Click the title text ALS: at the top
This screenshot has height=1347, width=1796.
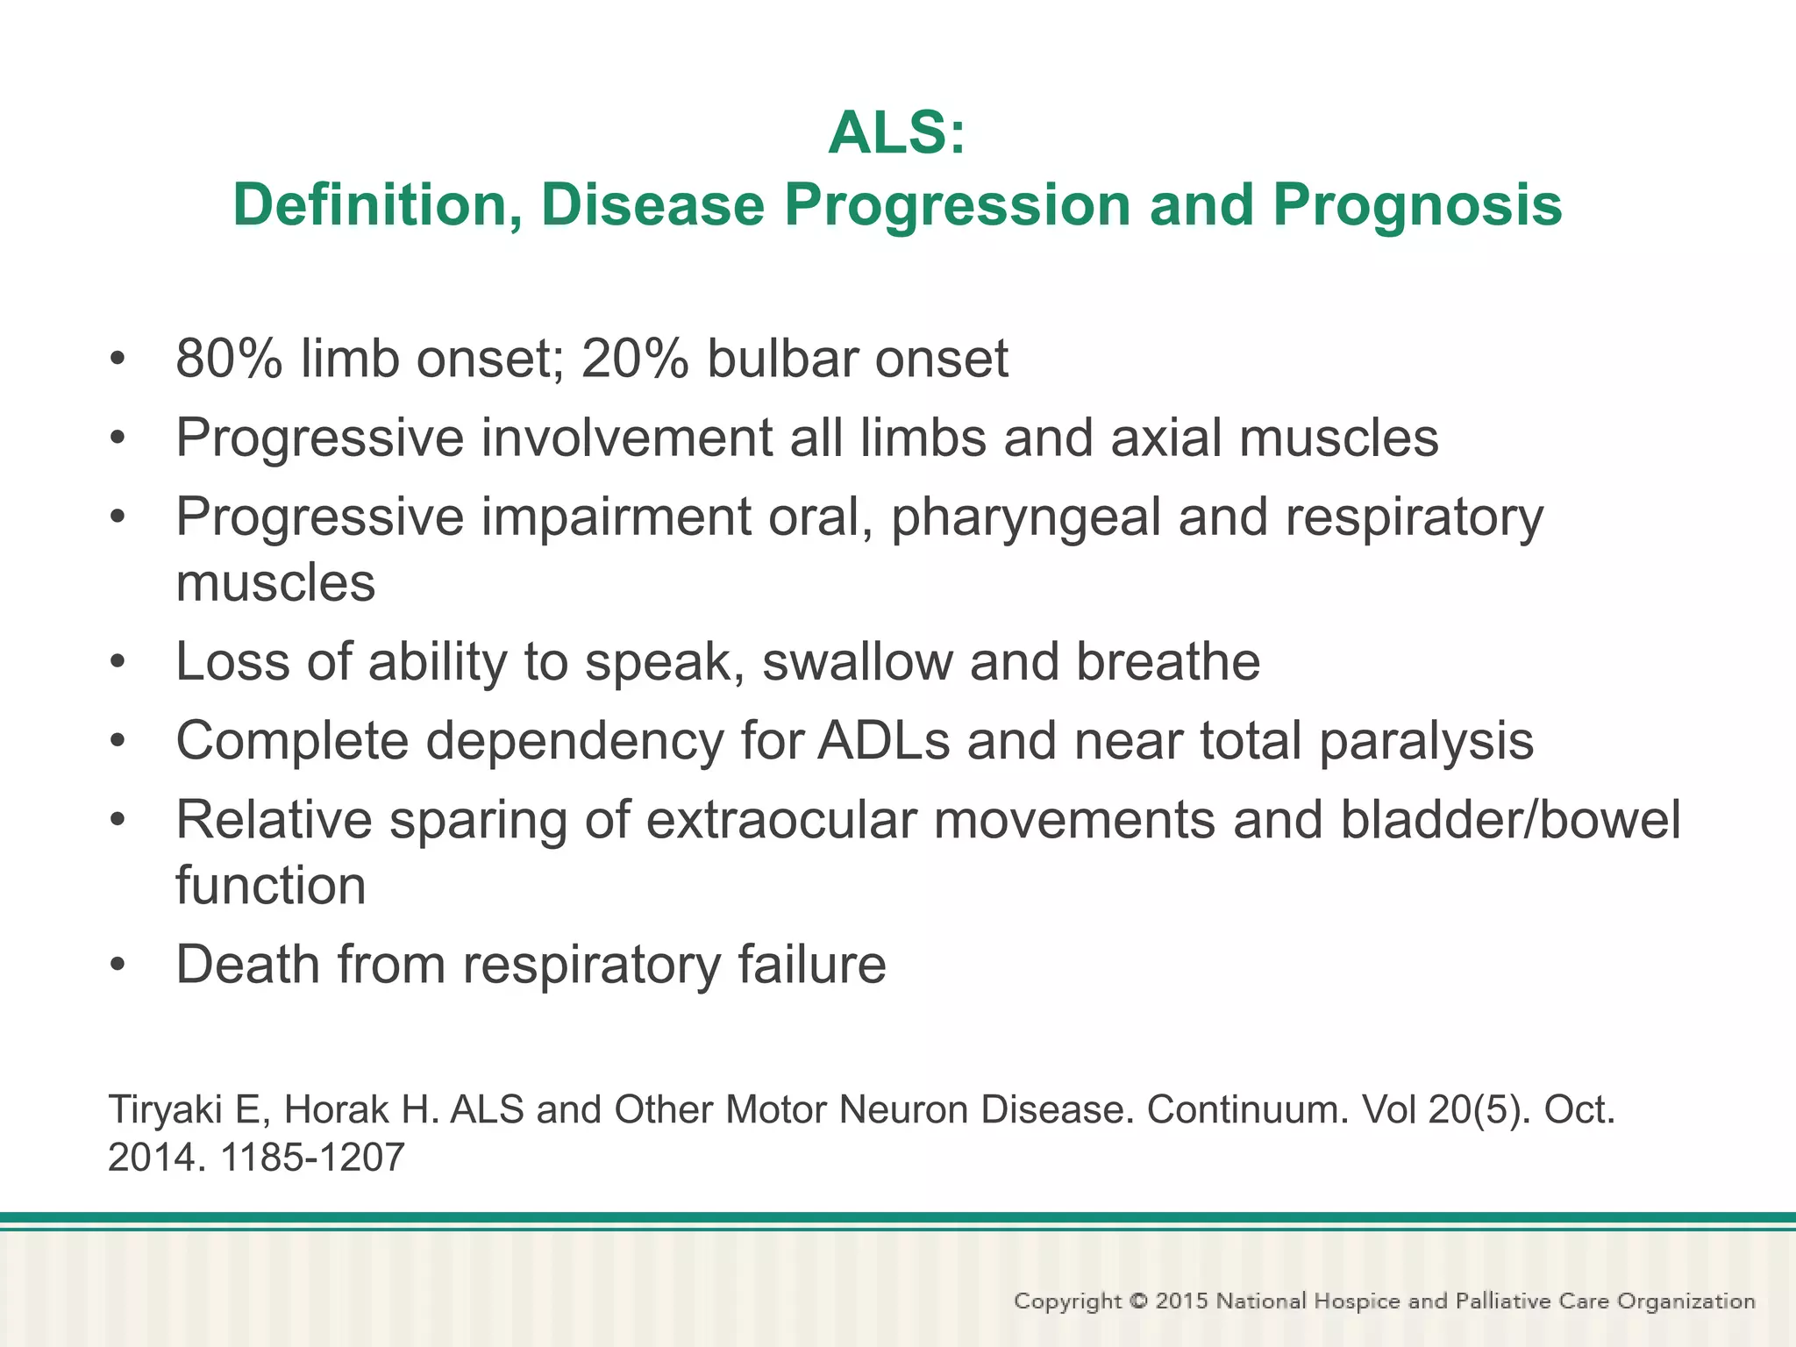pyautogui.click(x=896, y=133)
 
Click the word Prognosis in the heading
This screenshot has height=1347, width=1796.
pyautogui.click(x=1416, y=205)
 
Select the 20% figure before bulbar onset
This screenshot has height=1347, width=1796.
pyautogui.click(x=634, y=359)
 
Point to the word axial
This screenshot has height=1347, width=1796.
pyautogui.click(x=1165, y=438)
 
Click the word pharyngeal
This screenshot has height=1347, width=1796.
pyautogui.click(x=1025, y=517)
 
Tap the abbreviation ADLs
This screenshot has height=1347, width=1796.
pyautogui.click(x=883, y=741)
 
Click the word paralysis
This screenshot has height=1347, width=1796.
pyautogui.click(x=1426, y=741)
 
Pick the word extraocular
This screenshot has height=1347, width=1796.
pyautogui.click(x=781, y=820)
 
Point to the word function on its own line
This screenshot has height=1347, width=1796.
pyautogui.click(x=270, y=886)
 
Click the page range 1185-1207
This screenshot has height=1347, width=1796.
pyautogui.click(x=312, y=1158)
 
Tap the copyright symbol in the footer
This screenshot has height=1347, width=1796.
pyautogui.click(x=1138, y=1301)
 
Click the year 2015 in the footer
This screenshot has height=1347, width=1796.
pyautogui.click(x=1181, y=1301)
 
